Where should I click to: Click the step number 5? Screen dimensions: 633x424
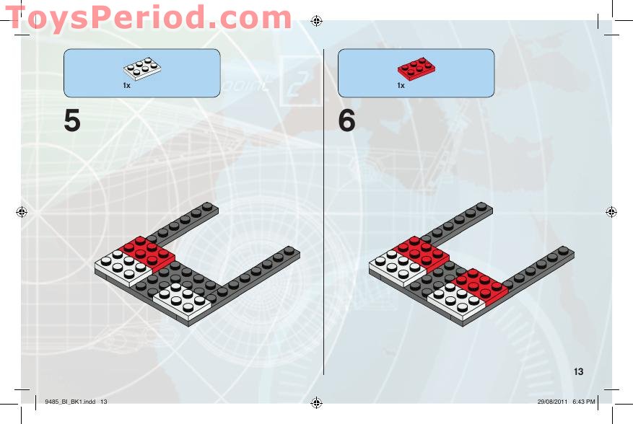72,120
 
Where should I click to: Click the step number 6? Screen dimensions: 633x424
346,120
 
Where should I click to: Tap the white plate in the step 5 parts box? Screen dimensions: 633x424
142,69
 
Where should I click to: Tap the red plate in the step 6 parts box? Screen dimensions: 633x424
416,69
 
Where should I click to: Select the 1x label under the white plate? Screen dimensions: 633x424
127,86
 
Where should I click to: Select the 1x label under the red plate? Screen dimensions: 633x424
401,86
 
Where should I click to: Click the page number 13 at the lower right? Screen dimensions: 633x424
578,371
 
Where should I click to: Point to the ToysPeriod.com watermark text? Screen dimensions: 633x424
149,18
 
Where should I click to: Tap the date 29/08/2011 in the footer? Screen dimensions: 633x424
552,402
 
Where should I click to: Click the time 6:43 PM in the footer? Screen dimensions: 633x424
584,402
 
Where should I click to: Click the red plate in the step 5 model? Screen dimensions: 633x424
147,253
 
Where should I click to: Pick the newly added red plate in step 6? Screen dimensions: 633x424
479,286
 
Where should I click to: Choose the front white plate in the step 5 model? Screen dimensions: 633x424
183,301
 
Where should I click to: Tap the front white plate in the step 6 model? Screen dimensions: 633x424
456,301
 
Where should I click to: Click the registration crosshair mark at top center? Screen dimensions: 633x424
316,21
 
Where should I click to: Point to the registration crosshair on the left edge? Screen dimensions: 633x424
22,212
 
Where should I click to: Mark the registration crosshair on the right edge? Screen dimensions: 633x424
611,212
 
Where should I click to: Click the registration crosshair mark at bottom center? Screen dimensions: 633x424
316,402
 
